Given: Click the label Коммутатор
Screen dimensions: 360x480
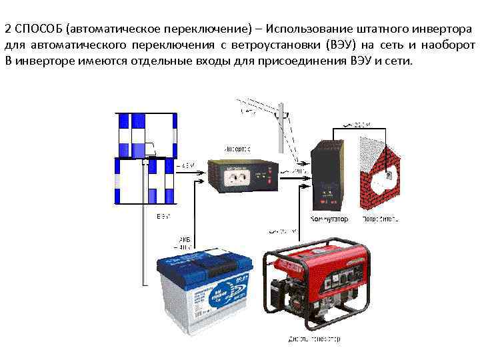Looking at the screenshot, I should coord(329,219).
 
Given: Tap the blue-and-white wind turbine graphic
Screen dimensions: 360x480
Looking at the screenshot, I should coord(146,157).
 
